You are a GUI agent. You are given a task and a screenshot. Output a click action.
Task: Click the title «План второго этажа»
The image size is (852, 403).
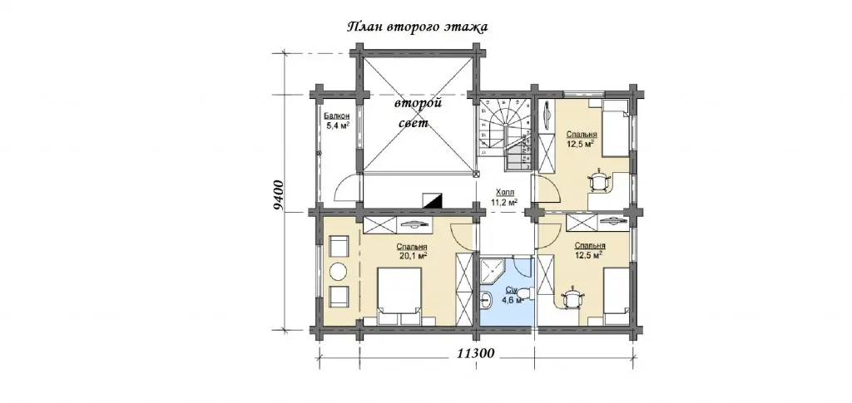418,27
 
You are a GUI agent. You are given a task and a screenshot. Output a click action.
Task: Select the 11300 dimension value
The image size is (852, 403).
475,354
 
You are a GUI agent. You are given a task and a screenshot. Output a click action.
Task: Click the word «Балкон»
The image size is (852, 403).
337,116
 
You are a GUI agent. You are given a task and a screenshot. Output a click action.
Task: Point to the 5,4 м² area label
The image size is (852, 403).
337,125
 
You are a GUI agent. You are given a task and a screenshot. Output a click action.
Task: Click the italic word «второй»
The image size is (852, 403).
418,103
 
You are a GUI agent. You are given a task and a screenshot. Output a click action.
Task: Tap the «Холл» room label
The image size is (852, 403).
504,193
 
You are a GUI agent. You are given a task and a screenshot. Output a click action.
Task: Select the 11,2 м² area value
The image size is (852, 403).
504,202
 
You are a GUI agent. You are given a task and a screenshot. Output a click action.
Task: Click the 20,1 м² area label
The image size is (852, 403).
411,257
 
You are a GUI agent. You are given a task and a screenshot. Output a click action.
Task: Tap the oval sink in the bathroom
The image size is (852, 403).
486,298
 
